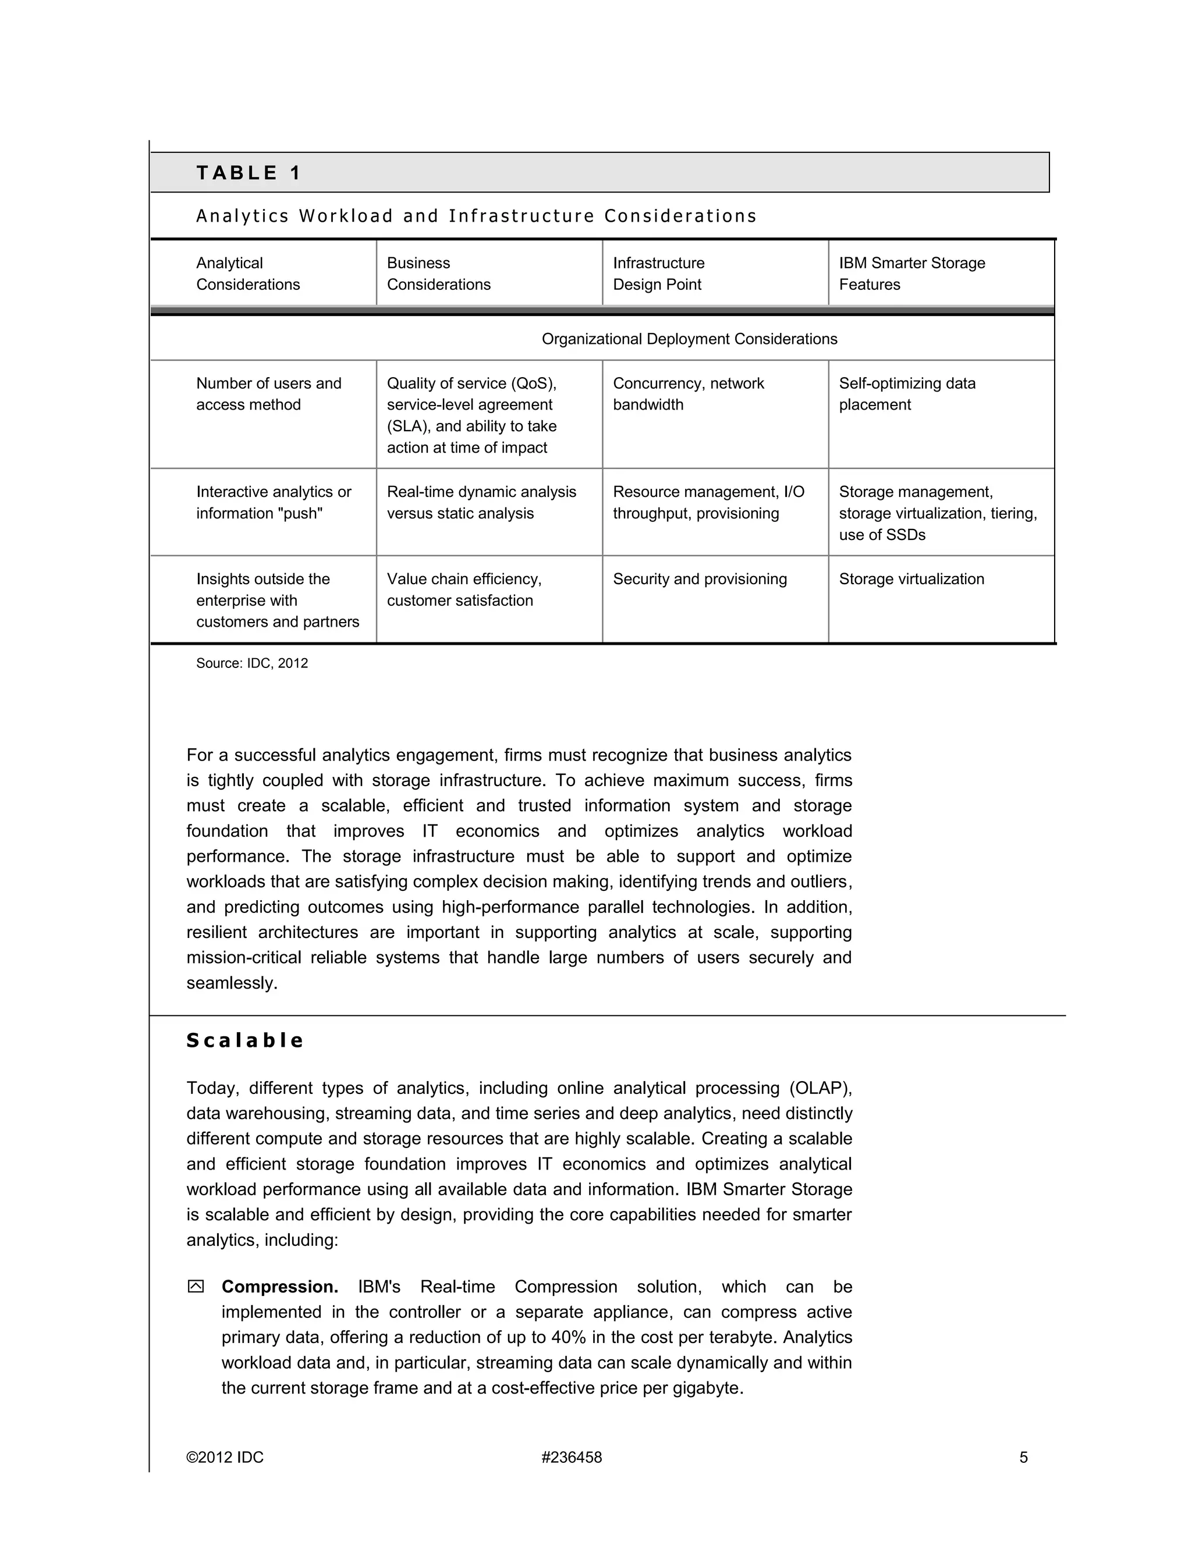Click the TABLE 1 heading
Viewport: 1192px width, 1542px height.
click(249, 173)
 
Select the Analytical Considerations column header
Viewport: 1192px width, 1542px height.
click(248, 274)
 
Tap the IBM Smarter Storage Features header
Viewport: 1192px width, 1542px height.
click(911, 274)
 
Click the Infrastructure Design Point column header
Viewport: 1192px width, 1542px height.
click(658, 274)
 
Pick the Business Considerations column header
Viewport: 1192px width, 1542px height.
click(438, 274)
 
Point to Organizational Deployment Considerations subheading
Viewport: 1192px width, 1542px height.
click(689, 339)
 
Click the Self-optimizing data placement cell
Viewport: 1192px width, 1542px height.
click(907, 394)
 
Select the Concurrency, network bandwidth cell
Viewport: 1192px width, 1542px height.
click(688, 394)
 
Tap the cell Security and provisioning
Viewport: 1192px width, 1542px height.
click(699, 579)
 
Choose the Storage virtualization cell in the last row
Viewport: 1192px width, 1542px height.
click(911, 579)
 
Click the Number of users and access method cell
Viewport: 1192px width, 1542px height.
click(268, 394)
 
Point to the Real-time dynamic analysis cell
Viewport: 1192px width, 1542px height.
click(481, 503)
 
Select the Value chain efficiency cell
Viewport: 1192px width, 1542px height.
click(464, 589)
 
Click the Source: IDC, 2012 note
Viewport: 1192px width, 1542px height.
click(252, 663)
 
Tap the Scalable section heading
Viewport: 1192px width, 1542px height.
click(245, 1041)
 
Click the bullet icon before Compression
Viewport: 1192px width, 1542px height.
click(196, 1287)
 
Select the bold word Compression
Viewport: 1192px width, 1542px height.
click(279, 1287)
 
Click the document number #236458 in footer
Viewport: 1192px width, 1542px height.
click(572, 1457)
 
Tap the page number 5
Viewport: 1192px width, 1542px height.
click(1023, 1457)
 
